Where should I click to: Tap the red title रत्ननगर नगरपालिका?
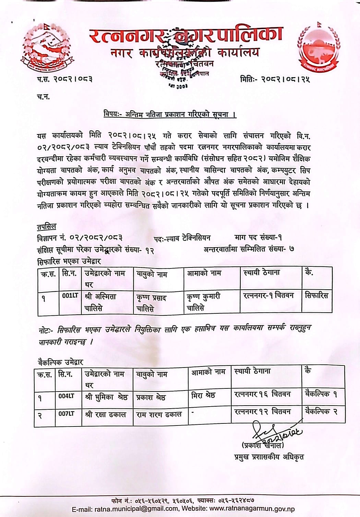point(185,35)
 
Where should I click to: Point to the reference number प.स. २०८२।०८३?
point(65,79)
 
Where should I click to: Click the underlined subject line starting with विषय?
point(170,115)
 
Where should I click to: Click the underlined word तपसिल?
point(46,227)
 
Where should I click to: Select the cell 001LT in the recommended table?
point(70,296)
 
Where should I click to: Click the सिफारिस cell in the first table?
point(316,296)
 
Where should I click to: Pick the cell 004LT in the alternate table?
point(66,396)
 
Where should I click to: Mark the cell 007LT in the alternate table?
point(66,413)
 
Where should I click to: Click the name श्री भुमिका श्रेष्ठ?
point(106,397)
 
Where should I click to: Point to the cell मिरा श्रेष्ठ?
point(203,395)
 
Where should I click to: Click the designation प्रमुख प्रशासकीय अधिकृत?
point(269,457)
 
